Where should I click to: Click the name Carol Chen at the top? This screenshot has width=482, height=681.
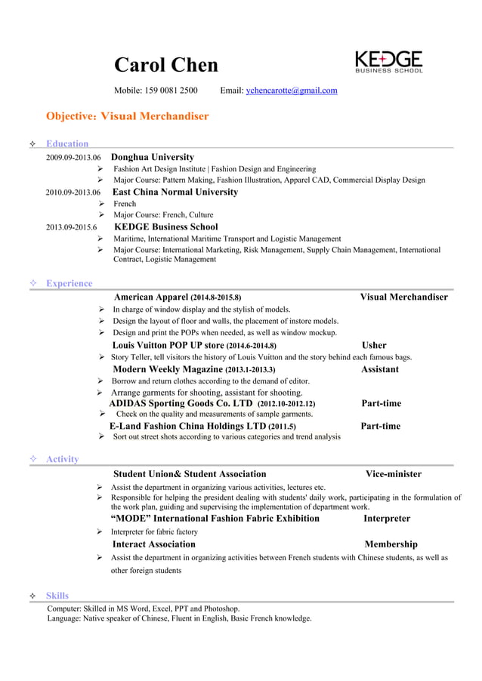(165, 65)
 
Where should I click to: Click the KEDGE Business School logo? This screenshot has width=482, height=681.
(388, 62)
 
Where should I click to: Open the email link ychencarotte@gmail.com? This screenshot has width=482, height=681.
(292, 91)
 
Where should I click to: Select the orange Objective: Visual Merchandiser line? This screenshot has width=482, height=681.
(127, 116)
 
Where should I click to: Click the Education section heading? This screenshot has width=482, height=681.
(67, 143)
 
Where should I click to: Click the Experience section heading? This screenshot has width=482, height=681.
(69, 283)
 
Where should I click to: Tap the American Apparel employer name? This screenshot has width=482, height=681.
(150, 297)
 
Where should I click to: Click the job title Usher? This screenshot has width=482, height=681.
(374, 345)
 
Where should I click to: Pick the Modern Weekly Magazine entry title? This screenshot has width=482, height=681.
(168, 369)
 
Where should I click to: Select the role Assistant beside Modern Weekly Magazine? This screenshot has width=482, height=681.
(380, 369)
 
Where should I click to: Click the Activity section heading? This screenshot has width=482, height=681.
(62, 459)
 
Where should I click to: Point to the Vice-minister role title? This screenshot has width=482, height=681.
(394, 474)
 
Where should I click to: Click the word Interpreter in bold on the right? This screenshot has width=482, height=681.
(387, 519)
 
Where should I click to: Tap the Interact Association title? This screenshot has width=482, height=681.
(153, 544)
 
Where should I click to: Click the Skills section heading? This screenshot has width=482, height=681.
(57, 596)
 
